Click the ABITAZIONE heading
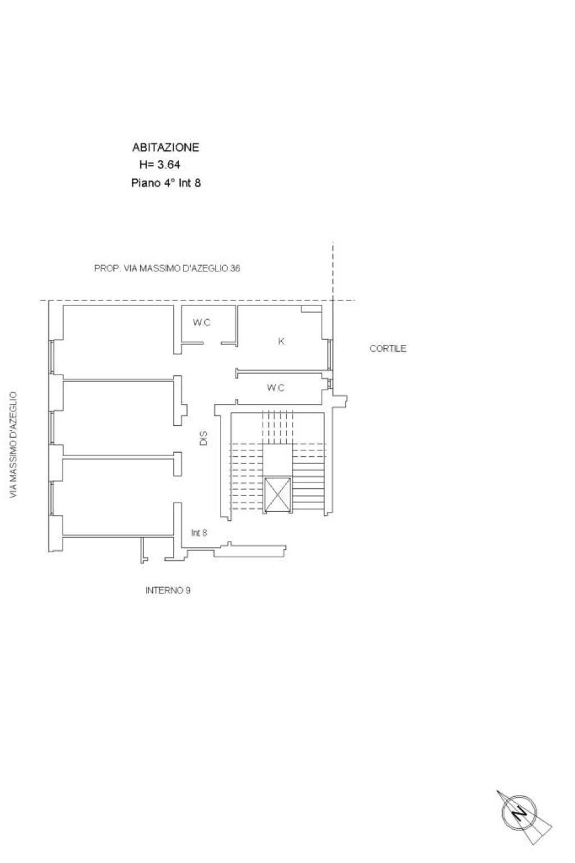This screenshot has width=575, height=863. coord(166,147)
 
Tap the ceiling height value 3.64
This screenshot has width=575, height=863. coord(168,165)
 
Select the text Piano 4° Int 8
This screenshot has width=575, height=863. coord(166,183)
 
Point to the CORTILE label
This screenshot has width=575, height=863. coord(388,348)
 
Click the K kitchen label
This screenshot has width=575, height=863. coord(281,342)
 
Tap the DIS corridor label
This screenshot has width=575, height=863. coord(203,438)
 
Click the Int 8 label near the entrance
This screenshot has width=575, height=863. coord(199,533)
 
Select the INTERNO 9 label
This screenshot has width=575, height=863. coord(168,591)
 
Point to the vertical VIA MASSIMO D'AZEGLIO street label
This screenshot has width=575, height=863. coord(13,445)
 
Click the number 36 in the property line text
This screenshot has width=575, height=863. coord(235,268)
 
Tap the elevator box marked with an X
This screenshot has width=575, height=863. coord(278,495)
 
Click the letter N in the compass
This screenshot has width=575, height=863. coord(519,812)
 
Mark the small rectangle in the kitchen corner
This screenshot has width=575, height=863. coord(311,309)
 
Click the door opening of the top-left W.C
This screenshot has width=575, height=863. coord(212,343)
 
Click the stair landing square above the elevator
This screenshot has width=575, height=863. coord(278,460)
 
